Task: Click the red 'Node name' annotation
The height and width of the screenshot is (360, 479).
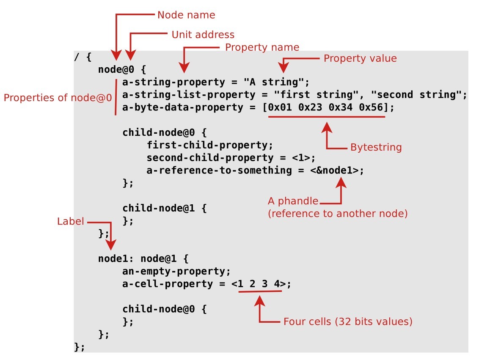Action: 186,15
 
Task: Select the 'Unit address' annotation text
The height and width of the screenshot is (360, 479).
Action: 203,35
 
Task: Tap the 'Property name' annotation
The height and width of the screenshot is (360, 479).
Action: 262,47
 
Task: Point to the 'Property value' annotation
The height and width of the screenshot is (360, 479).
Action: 360,58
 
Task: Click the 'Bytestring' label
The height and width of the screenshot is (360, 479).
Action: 376,148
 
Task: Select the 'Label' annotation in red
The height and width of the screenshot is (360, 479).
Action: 70,222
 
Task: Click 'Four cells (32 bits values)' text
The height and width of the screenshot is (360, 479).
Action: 347,322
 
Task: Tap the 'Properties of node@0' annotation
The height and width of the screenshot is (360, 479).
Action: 58,98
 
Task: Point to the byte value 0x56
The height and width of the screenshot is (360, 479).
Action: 371,107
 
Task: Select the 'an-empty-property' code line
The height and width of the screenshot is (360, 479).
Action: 176,271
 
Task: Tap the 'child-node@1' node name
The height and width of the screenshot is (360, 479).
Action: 159,209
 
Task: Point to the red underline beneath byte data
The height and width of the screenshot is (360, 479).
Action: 326,117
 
